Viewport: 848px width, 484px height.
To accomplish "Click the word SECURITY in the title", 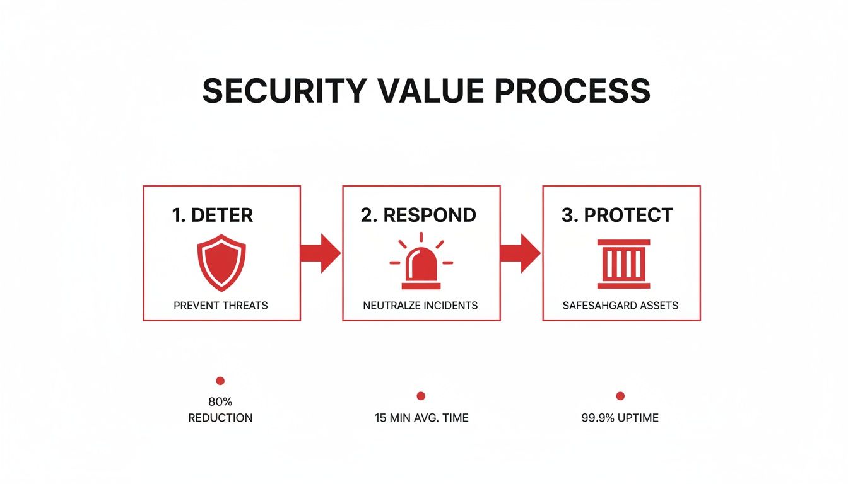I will click(x=283, y=91).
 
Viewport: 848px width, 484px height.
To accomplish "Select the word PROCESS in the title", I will click(x=572, y=91).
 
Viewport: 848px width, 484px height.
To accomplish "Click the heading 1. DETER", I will click(x=212, y=215).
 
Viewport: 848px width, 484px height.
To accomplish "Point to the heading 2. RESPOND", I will click(x=418, y=215).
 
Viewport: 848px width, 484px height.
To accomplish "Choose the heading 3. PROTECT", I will click(x=617, y=215).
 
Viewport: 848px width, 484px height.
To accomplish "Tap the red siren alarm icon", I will click(x=421, y=260).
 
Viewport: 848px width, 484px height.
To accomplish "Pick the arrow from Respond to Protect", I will click(x=521, y=253).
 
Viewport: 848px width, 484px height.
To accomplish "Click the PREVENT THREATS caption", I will click(x=221, y=306).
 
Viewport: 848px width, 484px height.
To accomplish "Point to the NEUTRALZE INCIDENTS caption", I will click(x=420, y=306).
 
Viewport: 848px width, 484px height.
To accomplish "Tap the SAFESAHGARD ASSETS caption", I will click(x=620, y=306).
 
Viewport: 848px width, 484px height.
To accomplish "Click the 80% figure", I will click(x=220, y=401).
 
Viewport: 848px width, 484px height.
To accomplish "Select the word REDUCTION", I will click(x=220, y=418).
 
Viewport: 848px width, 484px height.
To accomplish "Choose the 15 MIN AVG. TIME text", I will click(x=421, y=418).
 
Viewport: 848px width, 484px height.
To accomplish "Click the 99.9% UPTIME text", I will click(x=620, y=418).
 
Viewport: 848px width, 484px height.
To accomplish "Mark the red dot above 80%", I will click(x=220, y=381).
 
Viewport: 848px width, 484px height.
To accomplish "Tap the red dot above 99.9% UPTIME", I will click(x=620, y=396).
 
